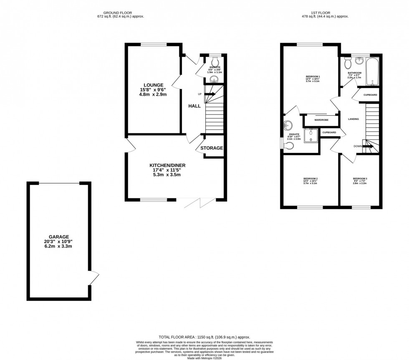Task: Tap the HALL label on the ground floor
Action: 194,106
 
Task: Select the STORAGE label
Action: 212,148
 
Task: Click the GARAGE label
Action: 58,236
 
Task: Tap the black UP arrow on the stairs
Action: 210,94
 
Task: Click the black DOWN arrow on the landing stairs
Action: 368,146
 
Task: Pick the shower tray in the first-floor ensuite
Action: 311,135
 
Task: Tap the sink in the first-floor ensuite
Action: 288,125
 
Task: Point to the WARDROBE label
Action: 321,120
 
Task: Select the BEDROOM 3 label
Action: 359,178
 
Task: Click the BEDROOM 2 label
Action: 310,178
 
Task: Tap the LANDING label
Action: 353,119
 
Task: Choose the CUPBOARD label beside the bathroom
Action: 370,95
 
